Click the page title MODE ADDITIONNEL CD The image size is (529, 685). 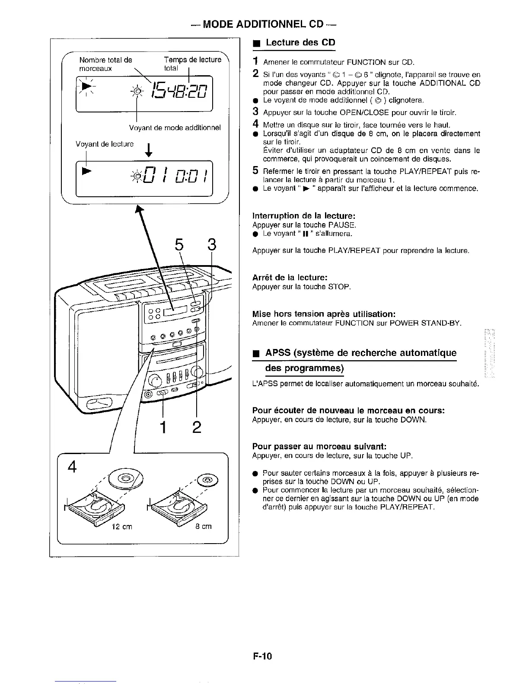point(264,24)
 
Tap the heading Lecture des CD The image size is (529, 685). point(300,42)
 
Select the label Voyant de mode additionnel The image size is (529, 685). point(175,128)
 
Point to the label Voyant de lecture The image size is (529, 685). point(105,144)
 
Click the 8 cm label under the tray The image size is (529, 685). point(204,527)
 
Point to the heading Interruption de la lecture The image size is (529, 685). point(304,215)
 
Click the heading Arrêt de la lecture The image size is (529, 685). point(290,277)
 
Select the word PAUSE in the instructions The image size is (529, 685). point(341,225)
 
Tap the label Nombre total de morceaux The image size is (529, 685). point(105,64)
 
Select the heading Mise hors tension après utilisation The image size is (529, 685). point(324,314)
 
